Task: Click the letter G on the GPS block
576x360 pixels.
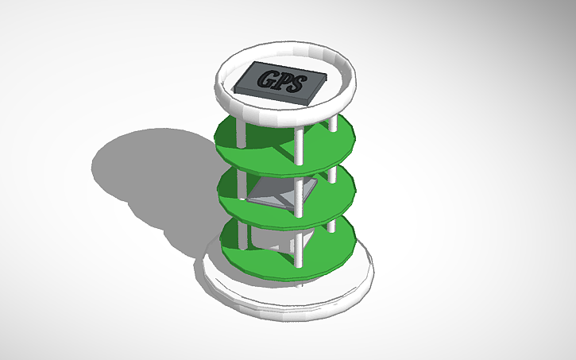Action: click(x=267, y=79)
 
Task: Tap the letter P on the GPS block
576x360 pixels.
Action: click(x=284, y=80)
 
